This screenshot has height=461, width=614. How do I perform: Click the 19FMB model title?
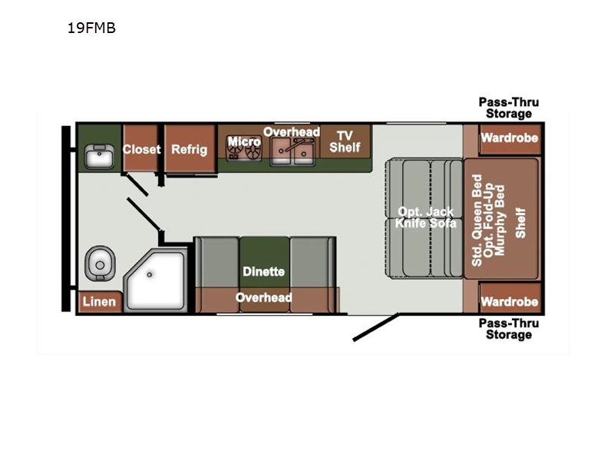coord(91,28)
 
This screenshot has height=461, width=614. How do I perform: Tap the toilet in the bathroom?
coord(100,264)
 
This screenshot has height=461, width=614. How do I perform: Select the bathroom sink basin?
coord(100,157)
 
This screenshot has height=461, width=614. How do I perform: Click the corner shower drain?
coord(149,275)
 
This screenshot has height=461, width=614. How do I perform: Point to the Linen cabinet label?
coord(99,301)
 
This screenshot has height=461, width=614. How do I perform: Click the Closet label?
coord(141,149)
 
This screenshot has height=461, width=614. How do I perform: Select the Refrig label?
coord(189,149)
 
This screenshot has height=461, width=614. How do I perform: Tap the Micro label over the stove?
coord(244,141)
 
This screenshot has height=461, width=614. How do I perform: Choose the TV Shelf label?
coord(345,141)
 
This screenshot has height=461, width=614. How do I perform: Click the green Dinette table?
coord(264,262)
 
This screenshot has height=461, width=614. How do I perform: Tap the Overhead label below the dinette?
coord(263,297)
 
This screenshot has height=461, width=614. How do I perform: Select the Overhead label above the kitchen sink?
coord(292,132)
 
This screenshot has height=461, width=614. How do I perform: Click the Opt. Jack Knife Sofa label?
coord(426,217)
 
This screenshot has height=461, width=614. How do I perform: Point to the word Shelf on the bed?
coord(520,223)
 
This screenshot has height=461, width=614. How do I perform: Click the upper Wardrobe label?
coord(510,138)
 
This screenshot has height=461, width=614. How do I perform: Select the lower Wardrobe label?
coord(510,302)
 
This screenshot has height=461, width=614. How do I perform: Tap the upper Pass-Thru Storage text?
coord(509,108)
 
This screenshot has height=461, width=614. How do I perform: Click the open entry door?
coord(376,327)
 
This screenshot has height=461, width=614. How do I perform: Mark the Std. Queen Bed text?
coord(477,221)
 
